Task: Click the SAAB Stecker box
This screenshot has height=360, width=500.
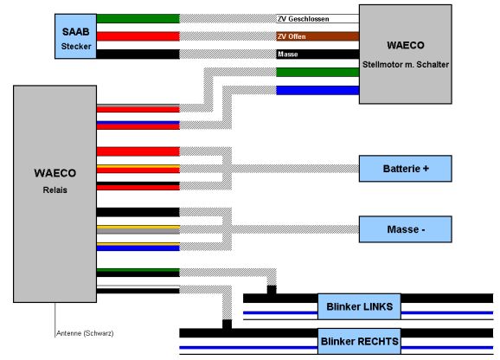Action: (x=75, y=36)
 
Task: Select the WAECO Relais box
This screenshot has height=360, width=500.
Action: (x=54, y=194)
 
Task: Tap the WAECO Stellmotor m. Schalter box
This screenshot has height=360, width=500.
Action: (x=406, y=55)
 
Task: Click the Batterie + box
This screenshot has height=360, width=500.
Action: (x=406, y=169)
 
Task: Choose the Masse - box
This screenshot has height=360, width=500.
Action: (x=406, y=229)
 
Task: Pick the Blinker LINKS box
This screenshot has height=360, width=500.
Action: (x=359, y=306)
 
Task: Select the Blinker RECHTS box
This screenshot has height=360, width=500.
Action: (x=359, y=342)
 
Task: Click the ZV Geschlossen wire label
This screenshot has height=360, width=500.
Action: (x=304, y=19)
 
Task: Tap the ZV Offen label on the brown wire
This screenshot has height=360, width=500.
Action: (x=292, y=36)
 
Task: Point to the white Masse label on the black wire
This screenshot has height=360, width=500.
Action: (x=287, y=55)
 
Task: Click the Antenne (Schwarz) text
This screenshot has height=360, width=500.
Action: (x=85, y=333)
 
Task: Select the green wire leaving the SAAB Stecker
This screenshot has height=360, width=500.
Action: (x=138, y=18)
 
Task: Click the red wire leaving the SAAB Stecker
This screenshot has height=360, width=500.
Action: (x=138, y=36)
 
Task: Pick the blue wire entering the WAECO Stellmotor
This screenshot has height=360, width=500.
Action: (x=317, y=90)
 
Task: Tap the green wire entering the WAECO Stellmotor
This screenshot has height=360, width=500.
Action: (x=317, y=73)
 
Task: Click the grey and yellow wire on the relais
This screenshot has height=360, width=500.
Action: (x=138, y=229)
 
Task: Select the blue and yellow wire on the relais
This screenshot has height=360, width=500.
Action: (x=138, y=247)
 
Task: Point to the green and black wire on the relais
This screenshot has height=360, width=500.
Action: (x=138, y=273)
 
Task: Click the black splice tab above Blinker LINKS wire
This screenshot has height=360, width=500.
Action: (x=272, y=290)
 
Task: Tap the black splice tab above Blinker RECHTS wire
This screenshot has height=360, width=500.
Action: (x=227, y=325)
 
